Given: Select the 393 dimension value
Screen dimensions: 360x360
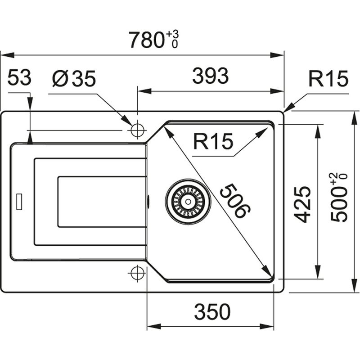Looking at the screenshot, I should pyautogui.click(x=210, y=77).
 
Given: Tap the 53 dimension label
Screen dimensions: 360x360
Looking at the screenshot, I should pyautogui.click(x=19, y=78).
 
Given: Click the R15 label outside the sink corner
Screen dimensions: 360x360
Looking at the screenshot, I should pyautogui.click(x=328, y=80).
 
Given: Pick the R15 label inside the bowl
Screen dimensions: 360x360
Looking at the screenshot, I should pyautogui.click(x=213, y=142).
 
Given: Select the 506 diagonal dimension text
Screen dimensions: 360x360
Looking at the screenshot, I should pyautogui.click(x=234, y=201).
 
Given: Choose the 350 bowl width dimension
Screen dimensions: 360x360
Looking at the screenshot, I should pyautogui.click(x=212, y=311).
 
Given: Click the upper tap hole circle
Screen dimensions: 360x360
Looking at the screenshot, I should pyautogui.click(x=136, y=130).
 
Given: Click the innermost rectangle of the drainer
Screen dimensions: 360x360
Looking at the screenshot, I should pyautogui.click(x=102, y=201).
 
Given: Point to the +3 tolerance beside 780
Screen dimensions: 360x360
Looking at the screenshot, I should pyautogui.click(x=172, y=34).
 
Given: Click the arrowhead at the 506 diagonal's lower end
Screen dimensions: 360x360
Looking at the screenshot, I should pyautogui.click(x=269, y=273).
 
